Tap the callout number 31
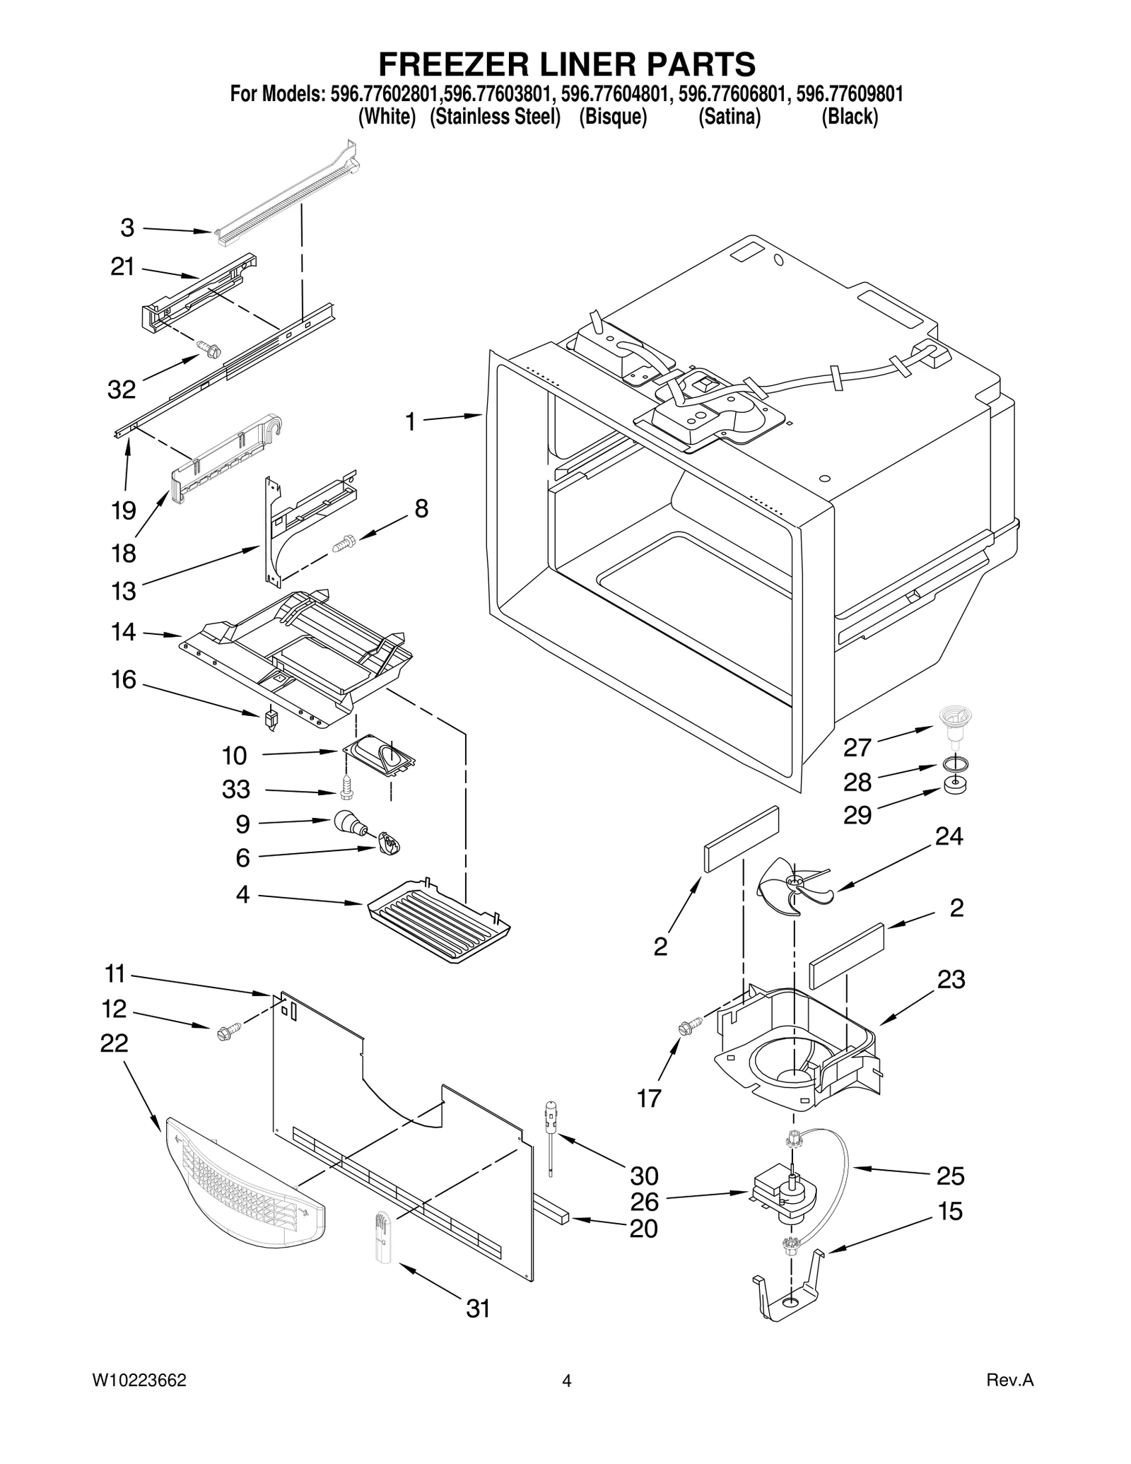tap(478, 1308)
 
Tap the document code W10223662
tap(139, 1381)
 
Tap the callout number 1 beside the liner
tap(410, 422)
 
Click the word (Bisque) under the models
tap(613, 117)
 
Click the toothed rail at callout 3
tap(286, 195)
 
